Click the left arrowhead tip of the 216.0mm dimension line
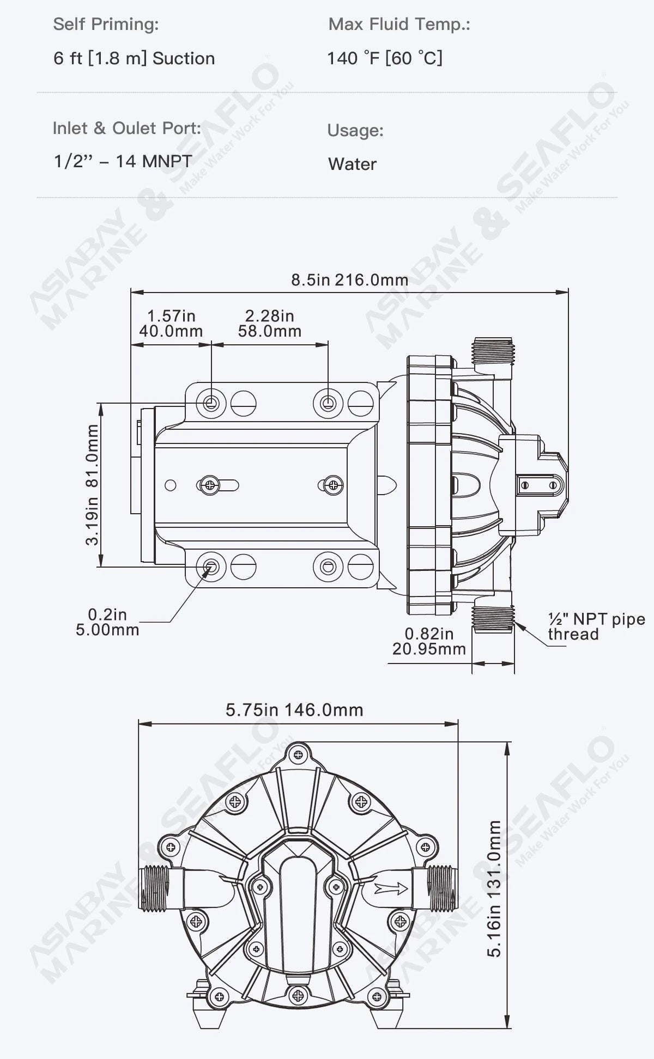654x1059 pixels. click(x=131, y=292)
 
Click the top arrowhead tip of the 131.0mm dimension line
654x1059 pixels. click(x=508, y=742)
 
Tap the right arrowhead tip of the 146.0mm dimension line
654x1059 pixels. click(x=458, y=724)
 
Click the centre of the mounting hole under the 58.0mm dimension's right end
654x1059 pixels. click(x=328, y=403)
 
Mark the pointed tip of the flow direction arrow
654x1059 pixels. click(x=408, y=888)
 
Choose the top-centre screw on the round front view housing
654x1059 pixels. click(x=298, y=754)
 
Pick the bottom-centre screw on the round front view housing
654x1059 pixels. click(x=298, y=996)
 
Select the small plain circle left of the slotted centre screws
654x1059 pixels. click(x=171, y=485)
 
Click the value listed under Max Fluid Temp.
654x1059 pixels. click(x=385, y=58)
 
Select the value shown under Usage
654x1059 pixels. click(x=352, y=164)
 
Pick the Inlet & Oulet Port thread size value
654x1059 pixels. click(x=123, y=161)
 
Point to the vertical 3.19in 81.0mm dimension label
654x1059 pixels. click(x=93, y=485)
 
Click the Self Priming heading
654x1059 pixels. click(x=106, y=25)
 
